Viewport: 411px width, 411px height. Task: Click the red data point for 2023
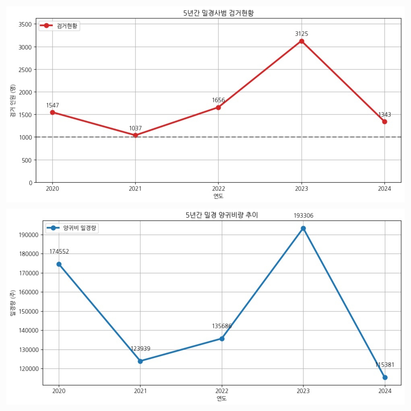pyautogui.click(x=302, y=41)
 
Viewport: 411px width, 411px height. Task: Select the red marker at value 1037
pyautogui.click(x=136, y=135)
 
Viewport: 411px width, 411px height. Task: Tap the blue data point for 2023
pyautogui.click(x=303, y=228)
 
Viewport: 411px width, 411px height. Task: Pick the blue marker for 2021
pyautogui.click(x=140, y=361)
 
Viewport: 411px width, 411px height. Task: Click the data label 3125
pyautogui.click(x=302, y=34)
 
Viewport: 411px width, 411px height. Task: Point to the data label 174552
pyautogui.click(x=59, y=251)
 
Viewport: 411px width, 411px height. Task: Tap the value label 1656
pyautogui.click(x=218, y=100)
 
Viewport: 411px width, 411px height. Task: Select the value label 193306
pyautogui.click(x=303, y=215)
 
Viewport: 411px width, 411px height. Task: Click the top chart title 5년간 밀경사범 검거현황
pyautogui.click(x=218, y=13)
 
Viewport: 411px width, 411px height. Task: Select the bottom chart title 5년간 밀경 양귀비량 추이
pyautogui.click(x=222, y=215)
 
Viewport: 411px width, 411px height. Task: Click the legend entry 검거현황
pyautogui.click(x=67, y=26)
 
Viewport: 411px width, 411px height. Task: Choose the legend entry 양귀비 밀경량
pyautogui.click(x=79, y=228)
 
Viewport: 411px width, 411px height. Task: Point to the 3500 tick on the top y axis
pyautogui.click(x=25, y=24)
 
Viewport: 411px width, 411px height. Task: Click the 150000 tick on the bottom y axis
pyautogui.click(x=29, y=311)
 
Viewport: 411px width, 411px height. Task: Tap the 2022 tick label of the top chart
pyautogui.click(x=218, y=189)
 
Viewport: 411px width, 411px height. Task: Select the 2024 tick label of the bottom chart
pyautogui.click(x=385, y=391)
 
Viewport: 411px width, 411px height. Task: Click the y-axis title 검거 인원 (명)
pyautogui.click(x=13, y=101)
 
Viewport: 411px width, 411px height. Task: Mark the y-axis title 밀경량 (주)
pyautogui.click(x=13, y=303)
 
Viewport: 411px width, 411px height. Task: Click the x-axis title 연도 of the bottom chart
pyautogui.click(x=222, y=398)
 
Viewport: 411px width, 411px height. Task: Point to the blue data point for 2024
pyautogui.click(x=385, y=377)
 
